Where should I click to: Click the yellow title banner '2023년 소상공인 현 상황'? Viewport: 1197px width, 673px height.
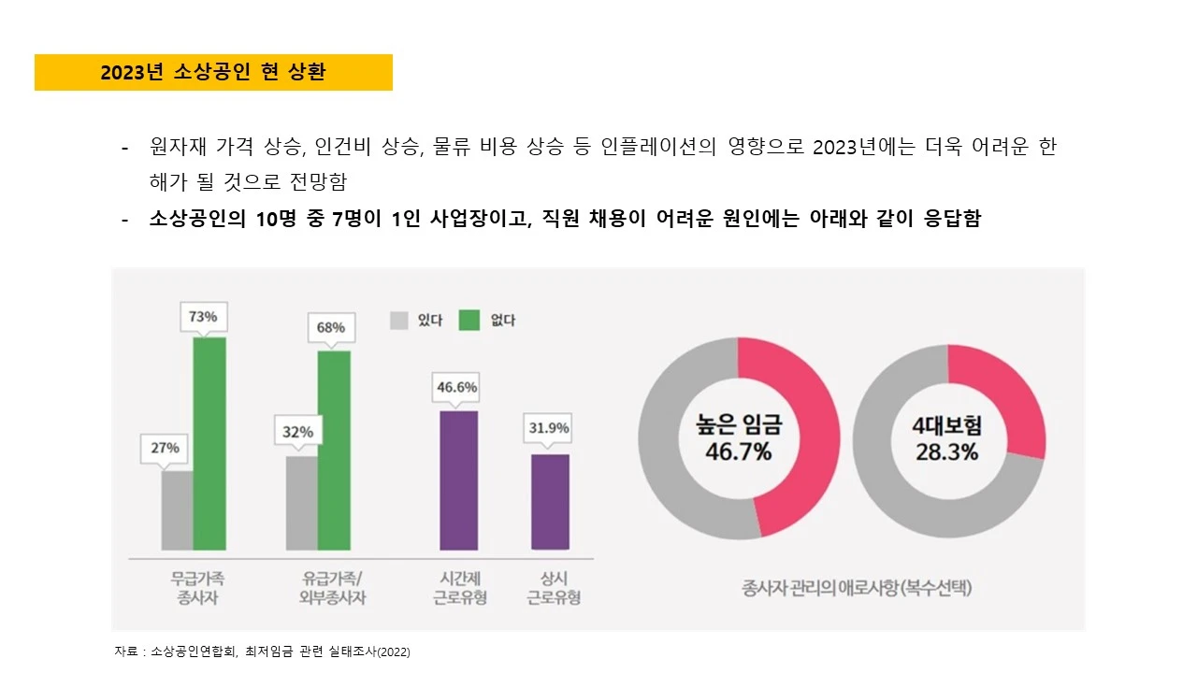[x=213, y=73]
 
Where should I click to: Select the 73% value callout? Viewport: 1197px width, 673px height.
[x=203, y=317]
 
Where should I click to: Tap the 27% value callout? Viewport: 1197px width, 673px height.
[x=165, y=448]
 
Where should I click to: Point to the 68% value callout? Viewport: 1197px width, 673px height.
[x=330, y=328]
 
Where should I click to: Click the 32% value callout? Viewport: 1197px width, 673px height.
[x=297, y=432]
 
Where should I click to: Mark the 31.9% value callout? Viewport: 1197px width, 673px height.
[x=549, y=429]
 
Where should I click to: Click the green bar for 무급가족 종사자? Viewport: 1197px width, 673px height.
[x=209, y=443]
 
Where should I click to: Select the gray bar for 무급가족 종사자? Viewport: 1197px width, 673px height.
[x=177, y=510]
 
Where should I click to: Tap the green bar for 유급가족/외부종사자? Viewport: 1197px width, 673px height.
[x=334, y=450]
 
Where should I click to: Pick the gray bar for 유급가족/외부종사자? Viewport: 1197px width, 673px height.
[x=301, y=503]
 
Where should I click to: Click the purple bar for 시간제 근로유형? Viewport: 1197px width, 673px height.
[x=458, y=480]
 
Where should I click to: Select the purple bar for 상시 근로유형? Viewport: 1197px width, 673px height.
[x=550, y=502]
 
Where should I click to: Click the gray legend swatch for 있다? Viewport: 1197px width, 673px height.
[x=399, y=321]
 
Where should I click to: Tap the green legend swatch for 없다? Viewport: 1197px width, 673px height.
[x=469, y=321]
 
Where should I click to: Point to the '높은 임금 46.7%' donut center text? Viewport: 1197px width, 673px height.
[x=738, y=439]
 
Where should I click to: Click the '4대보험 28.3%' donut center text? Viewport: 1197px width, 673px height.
[x=947, y=439]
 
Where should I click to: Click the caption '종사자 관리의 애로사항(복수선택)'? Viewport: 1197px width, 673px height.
[x=857, y=589]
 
